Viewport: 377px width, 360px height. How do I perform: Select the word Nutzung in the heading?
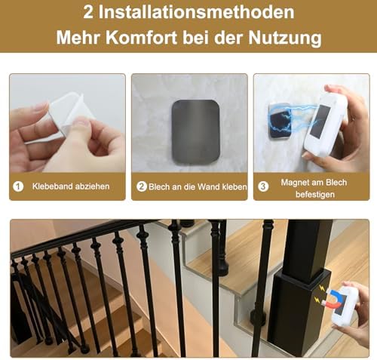290,37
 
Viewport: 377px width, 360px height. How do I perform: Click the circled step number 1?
17,186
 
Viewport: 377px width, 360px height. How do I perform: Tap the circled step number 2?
141,186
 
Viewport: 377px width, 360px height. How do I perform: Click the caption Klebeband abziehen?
71,186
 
